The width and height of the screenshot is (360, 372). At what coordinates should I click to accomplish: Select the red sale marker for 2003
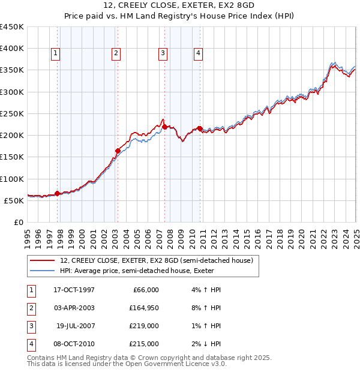tap(118, 151)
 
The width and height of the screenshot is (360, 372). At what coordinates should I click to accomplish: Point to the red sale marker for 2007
tap(164, 126)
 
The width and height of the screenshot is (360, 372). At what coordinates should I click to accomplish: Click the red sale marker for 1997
tap(58, 193)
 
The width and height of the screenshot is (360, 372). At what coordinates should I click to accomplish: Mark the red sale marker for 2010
tap(200, 128)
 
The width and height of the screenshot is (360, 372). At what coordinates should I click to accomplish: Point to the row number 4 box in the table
tap(31, 344)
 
